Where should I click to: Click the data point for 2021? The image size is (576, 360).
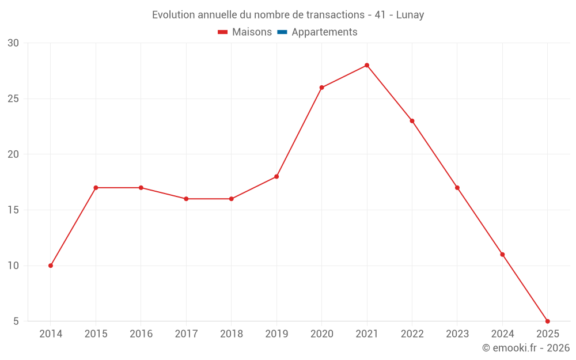pos(366,65)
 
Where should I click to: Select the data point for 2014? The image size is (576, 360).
pos(51,266)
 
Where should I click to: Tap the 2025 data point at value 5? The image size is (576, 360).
pos(547,321)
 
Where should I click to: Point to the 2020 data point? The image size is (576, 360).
pos(321,88)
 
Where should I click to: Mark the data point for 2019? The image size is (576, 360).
pos(276,176)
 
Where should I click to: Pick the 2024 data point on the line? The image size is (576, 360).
pos(502,254)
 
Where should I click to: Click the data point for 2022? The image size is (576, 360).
pos(412,121)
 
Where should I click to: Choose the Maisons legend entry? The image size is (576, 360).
pos(252,32)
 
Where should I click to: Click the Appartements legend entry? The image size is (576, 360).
pos(324,32)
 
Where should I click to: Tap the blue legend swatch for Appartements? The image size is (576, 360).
pos(282,32)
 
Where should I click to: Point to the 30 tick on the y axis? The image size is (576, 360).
pos(13,43)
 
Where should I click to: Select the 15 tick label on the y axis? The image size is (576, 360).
pos(13,210)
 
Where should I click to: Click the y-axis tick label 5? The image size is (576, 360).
pos(16,321)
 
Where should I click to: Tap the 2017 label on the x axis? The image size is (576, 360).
pos(186,334)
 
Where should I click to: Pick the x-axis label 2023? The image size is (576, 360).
pos(457,334)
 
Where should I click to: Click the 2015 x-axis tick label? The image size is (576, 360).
pos(96,334)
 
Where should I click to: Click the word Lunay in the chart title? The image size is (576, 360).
pos(410,15)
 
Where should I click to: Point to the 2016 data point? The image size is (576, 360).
pos(141,188)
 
